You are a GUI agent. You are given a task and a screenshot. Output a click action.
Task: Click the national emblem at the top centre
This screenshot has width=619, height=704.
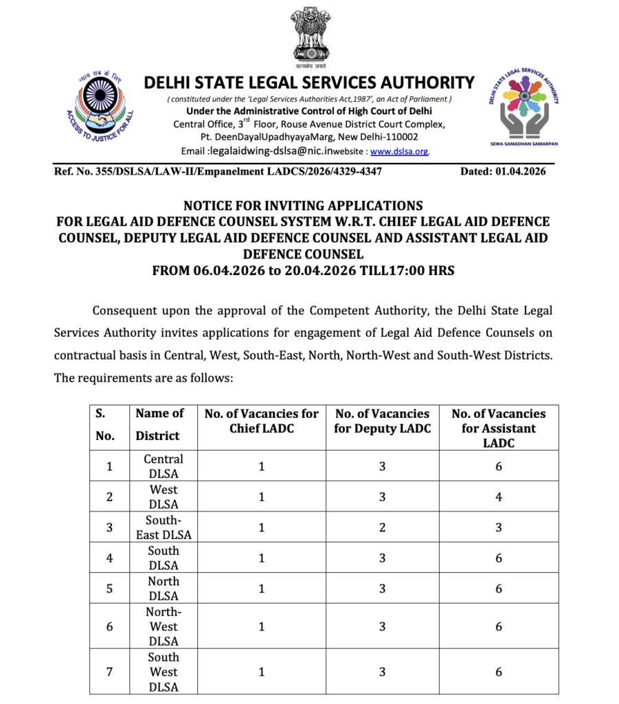309,36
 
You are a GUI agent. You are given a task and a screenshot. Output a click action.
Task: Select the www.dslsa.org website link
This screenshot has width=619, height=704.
400,151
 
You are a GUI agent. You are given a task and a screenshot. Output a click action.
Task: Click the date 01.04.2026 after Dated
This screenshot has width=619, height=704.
519,172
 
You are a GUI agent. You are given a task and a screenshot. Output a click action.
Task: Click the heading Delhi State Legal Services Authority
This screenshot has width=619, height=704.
309,83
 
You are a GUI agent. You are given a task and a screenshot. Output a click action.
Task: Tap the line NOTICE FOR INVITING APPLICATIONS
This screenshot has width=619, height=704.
303,206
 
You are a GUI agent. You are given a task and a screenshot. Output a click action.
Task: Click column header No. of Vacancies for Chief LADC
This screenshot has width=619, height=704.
262,421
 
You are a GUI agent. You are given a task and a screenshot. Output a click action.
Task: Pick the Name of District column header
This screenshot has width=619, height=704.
159,424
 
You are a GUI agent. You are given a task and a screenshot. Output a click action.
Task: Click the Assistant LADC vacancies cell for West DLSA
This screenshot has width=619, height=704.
499,497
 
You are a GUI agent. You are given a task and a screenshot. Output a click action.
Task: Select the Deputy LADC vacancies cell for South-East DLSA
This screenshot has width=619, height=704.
382,527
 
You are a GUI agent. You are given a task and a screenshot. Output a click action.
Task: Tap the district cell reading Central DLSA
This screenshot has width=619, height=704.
164,466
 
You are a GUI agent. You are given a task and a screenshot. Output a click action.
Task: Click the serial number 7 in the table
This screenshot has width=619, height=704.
109,672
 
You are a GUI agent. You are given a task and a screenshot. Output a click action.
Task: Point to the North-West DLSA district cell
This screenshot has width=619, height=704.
164,626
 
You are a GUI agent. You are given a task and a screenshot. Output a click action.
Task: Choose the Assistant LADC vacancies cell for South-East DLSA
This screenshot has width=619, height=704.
499,527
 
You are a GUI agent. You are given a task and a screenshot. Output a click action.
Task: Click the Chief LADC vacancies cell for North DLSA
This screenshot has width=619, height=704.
262,588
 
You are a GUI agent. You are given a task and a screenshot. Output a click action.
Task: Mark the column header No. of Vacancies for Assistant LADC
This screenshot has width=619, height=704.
499,428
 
